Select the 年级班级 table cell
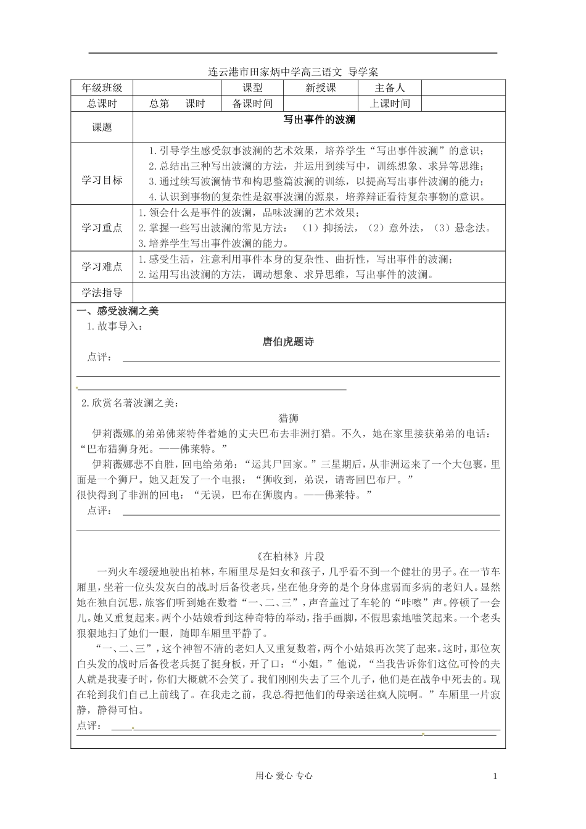point(102,88)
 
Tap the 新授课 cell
point(321,88)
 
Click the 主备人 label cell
point(390,88)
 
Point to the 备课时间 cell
point(252,104)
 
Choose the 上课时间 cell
point(390,104)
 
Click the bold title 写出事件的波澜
point(319,120)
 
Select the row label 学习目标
point(102,180)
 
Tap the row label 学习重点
point(102,228)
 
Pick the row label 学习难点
point(102,267)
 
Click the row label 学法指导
point(102,292)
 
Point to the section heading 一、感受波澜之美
point(117,311)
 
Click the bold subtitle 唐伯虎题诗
point(288,342)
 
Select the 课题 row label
point(102,128)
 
